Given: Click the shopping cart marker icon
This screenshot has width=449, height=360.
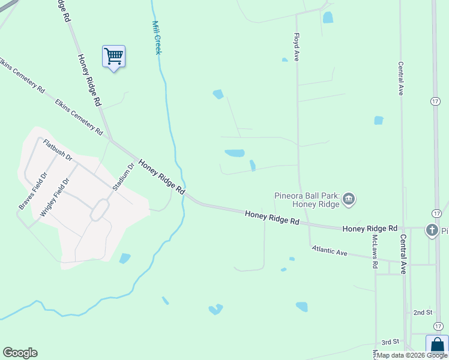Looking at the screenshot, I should [113, 56].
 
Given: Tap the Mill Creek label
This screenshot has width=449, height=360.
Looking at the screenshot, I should [157, 38].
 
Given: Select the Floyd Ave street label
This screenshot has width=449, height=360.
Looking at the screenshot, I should [297, 47].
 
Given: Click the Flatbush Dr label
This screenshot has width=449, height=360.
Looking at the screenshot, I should [58, 150].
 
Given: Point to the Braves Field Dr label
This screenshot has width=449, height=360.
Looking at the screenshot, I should [33, 191].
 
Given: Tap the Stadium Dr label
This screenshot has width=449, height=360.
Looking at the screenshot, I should [123, 176].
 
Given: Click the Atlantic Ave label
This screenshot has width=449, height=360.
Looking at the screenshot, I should [330, 252].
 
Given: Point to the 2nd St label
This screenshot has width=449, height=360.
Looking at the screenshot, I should [423, 313].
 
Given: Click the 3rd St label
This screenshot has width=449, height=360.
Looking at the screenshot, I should [390, 341].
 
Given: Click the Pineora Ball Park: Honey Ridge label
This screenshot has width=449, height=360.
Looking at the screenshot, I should [307, 199].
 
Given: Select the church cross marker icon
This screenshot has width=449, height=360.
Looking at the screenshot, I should [431, 230].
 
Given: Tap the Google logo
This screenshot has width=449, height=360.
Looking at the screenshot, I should [20, 353].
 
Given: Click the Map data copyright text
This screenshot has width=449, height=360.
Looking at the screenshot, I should [412, 355].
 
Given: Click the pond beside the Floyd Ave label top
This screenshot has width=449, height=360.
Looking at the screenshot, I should [328, 17].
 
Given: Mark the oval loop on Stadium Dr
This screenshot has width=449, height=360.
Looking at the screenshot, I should [100, 209].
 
